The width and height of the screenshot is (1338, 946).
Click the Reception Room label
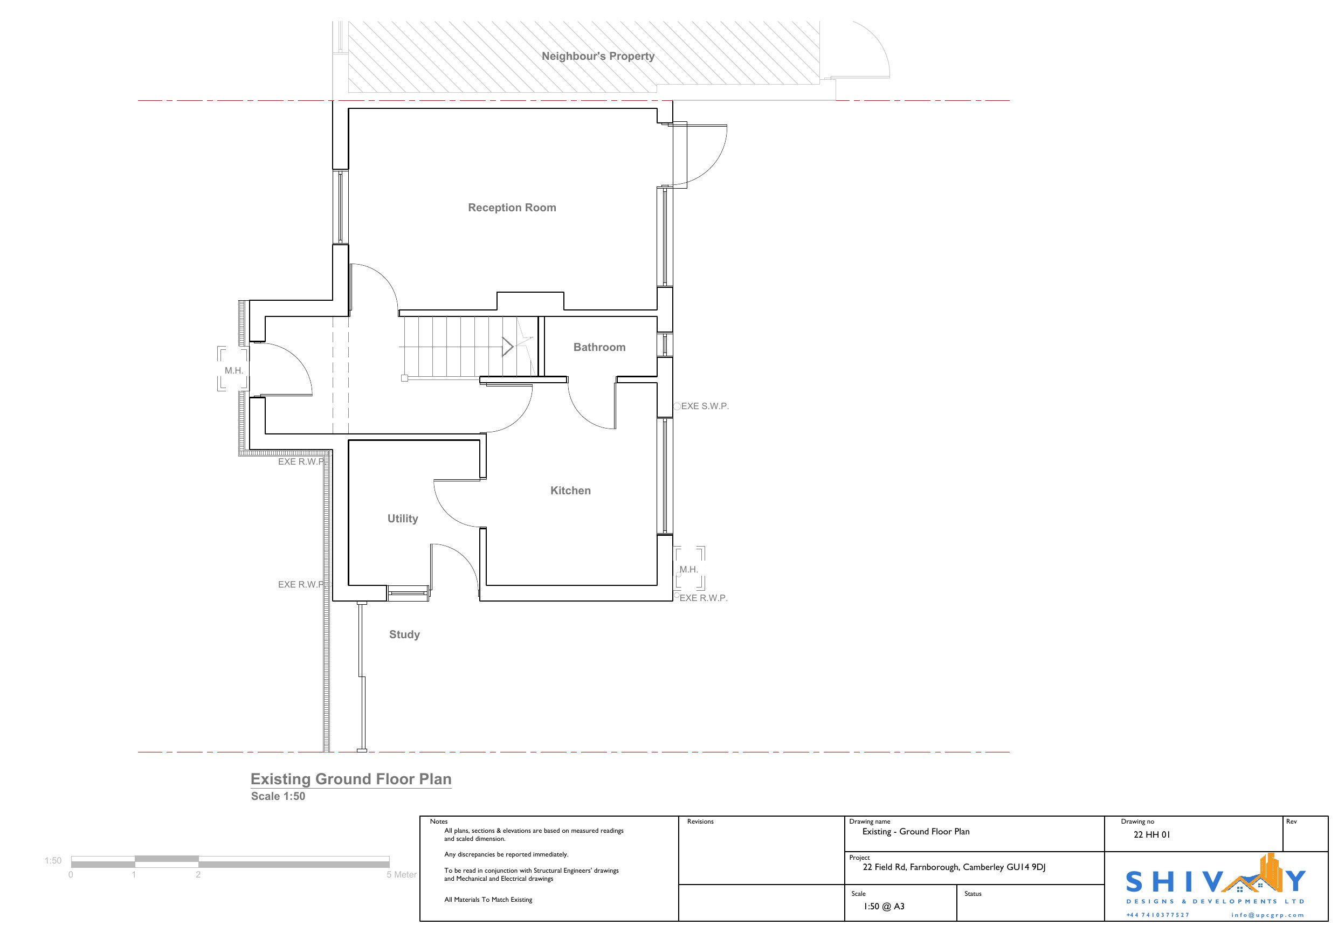tap(512, 208)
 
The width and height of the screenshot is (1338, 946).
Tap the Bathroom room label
tap(599, 347)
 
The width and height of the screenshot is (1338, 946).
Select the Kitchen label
tap(570, 490)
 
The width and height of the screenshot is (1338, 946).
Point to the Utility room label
tap(403, 519)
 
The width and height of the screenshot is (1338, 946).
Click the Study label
tap(404, 634)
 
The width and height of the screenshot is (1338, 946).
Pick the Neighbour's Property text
tap(598, 56)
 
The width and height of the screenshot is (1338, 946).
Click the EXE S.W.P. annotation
tap(705, 406)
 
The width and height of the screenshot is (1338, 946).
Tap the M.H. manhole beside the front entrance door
tap(233, 370)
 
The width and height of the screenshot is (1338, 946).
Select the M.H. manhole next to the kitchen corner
tap(689, 569)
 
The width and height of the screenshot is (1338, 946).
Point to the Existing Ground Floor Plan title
tap(351, 779)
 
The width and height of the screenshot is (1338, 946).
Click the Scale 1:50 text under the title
tap(278, 796)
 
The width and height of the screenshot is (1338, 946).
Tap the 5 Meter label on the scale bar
tap(402, 874)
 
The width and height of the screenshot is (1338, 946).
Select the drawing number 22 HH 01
tap(1151, 834)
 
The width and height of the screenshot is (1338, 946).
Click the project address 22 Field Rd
tap(954, 867)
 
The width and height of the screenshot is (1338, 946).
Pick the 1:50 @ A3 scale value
tap(884, 906)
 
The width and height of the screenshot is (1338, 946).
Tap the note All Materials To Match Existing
tap(488, 899)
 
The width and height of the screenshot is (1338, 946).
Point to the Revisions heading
tap(700, 821)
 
